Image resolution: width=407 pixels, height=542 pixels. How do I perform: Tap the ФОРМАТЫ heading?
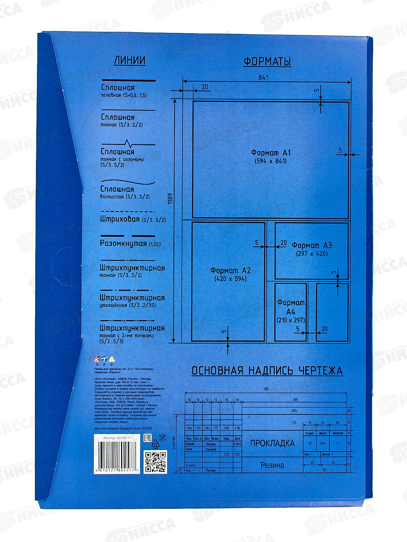point(267,62)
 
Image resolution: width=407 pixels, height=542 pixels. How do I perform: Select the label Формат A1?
point(271,152)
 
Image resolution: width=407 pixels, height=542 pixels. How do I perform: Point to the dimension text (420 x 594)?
point(230,279)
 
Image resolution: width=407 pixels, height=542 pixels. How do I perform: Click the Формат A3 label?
point(312,245)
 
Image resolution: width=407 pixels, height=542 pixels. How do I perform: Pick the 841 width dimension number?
point(263,78)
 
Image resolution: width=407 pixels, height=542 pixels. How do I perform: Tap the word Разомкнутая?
point(123,244)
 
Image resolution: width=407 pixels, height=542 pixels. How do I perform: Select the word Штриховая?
point(120,219)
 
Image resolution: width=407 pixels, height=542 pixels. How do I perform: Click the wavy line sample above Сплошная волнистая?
point(128,182)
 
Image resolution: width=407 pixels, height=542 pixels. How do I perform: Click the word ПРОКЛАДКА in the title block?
point(272,443)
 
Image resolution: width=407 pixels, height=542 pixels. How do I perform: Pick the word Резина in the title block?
point(272,465)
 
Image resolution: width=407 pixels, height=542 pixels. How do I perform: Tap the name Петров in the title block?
point(211,470)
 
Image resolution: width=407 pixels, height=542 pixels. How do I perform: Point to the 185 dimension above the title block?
point(265,389)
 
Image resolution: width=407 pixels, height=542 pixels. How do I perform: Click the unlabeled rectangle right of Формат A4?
point(332,312)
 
